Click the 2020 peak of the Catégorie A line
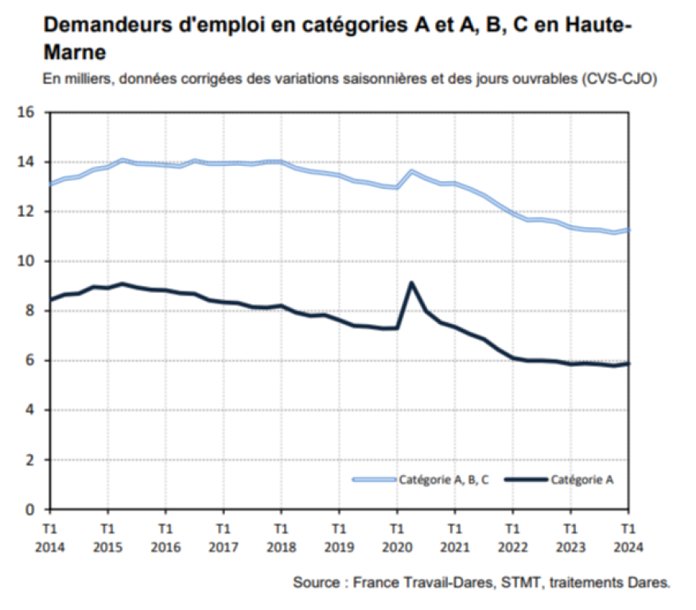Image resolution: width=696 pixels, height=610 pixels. tap(410, 283)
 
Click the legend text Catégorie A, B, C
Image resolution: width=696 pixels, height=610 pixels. tap(442, 479)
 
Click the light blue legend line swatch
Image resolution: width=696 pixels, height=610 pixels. tap(374, 479)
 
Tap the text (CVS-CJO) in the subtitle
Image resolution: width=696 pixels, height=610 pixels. tap(619, 79)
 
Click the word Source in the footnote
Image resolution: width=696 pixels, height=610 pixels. tap(315, 582)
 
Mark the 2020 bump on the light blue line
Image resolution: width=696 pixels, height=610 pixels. tap(410, 172)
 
